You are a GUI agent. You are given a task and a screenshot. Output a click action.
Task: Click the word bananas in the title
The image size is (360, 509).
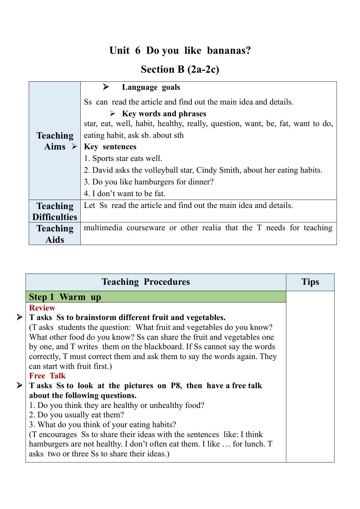[229, 51]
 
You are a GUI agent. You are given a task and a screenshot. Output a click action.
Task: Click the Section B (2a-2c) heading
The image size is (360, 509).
[180, 69]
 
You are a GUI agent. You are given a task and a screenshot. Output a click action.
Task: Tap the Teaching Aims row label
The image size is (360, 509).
[55, 141]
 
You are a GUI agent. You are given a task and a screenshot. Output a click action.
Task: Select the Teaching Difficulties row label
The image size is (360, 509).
[55, 211]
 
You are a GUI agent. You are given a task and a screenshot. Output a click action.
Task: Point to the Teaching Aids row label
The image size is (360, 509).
[55, 234]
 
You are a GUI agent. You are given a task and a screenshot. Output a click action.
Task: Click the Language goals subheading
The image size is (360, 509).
[151, 87]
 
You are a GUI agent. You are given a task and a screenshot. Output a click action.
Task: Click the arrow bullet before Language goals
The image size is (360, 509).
[106, 87]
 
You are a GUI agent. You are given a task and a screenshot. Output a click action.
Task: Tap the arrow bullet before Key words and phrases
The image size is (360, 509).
[113, 114]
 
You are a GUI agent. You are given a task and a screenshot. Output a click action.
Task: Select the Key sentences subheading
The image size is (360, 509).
[110, 147]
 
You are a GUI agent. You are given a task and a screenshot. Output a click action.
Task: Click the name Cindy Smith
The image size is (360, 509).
[218, 170]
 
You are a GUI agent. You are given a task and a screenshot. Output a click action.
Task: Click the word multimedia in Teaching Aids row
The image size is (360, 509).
[103, 228]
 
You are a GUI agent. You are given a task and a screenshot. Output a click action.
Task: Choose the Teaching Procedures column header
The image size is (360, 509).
[146, 282]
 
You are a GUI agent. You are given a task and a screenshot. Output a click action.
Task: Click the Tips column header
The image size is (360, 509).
[310, 282]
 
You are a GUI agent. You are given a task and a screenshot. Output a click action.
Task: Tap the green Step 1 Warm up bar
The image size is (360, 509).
[156, 297]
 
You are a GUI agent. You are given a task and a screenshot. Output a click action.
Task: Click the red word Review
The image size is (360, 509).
[42, 308]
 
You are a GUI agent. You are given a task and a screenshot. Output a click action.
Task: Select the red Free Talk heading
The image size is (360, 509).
[47, 376]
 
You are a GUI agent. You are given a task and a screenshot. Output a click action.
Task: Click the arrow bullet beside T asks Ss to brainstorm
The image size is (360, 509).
[20, 317]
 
